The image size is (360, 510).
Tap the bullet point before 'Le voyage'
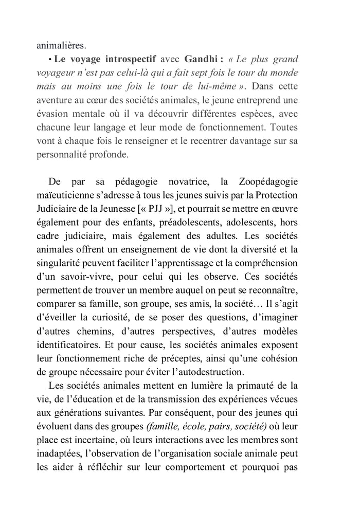[51, 59]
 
